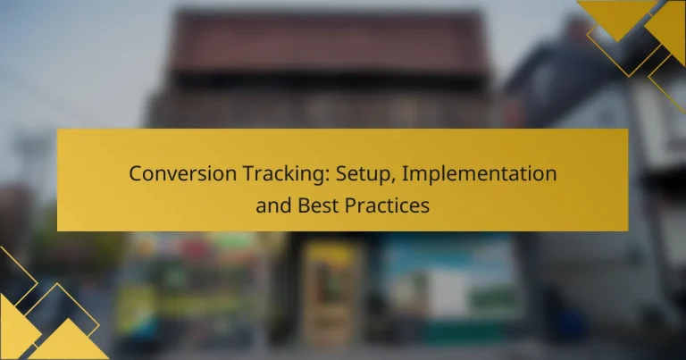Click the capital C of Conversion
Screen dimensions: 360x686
click(x=136, y=173)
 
